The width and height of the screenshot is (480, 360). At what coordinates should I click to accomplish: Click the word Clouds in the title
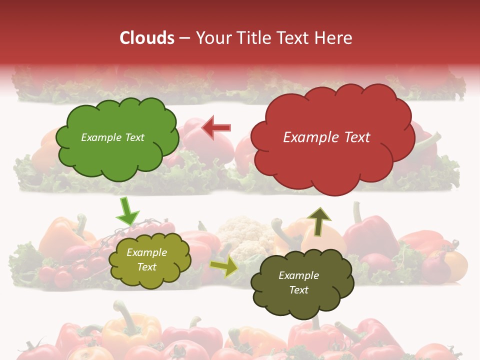147,38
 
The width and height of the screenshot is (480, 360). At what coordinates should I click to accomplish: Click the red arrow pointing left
216,128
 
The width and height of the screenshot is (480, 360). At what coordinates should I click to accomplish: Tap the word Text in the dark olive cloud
298,290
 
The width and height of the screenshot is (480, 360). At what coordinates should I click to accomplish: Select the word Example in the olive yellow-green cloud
146,252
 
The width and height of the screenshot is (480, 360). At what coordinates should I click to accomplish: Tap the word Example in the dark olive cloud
298,275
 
